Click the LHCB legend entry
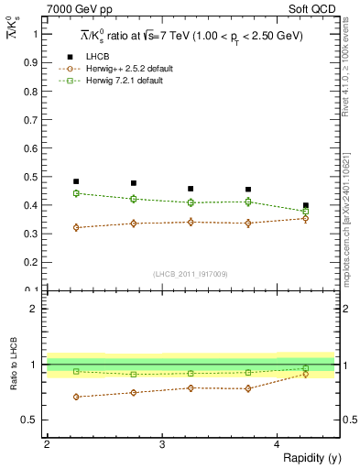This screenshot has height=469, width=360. [97, 57]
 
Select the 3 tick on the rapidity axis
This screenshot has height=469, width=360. [161, 444]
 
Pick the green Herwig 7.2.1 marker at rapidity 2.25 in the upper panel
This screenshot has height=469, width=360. [76, 193]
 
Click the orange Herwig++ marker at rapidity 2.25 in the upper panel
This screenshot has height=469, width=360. [76, 227]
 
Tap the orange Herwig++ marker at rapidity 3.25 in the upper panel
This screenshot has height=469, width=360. [191, 222]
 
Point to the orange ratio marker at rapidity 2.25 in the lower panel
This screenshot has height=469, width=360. [76, 397]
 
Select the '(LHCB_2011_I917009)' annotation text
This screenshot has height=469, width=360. [191, 274]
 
